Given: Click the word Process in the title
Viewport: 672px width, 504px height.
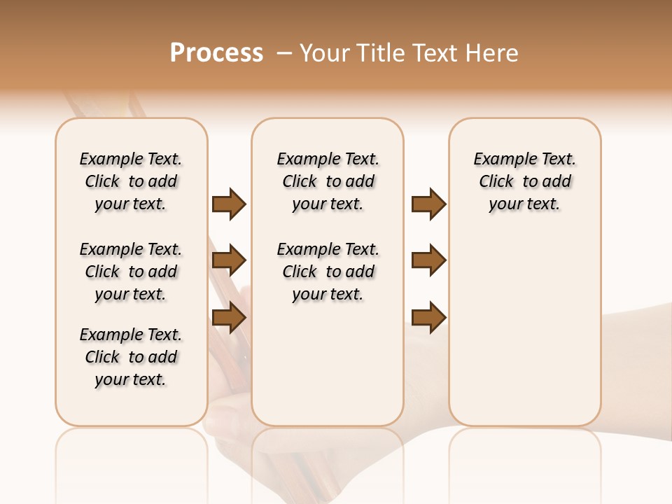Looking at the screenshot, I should (216, 53).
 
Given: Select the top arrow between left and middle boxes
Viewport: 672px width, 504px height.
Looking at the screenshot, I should (229, 204).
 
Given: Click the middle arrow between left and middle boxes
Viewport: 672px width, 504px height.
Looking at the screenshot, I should (229, 260).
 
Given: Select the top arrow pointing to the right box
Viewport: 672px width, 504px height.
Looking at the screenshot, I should (428, 204).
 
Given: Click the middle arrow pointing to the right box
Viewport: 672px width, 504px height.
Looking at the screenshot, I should (428, 260).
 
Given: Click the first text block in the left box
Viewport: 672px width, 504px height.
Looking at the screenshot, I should (131, 181).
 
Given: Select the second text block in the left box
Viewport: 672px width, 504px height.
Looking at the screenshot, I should (131, 272).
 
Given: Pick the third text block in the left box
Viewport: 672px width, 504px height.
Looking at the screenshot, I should (131, 357).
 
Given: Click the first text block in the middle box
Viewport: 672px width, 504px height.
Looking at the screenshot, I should (328, 181).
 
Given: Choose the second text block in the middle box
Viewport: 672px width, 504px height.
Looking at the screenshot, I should (328, 272).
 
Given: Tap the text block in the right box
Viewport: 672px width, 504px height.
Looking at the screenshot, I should (525, 181).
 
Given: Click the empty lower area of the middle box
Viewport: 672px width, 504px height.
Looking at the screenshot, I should (328, 364).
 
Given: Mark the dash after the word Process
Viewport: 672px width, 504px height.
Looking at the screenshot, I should (284, 53).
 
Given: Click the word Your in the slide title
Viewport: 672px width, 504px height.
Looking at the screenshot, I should (324, 53).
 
